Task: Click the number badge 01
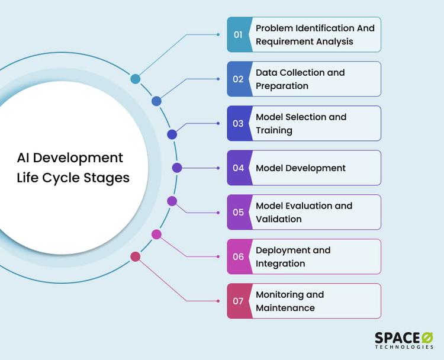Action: pyautogui.click(x=238, y=34)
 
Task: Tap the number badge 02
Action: pyautogui.click(x=238, y=79)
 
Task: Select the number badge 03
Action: pyautogui.click(x=238, y=123)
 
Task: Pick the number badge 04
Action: pyautogui.click(x=238, y=168)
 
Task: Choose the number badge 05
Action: pyautogui.click(x=238, y=212)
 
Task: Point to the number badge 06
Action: pyautogui.click(x=238, y=256)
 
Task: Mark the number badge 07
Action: pyautogui.click(x=238, y=301)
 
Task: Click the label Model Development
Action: pyautogui.click(x=301, y=168)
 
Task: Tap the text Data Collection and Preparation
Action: pyautogui.click(x=300, y=79)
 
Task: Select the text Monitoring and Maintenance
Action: pyautogui.click(x=290, y=301)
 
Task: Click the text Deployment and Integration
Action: pyautogui.click(x=293, y=256)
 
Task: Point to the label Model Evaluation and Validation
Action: pyautogui.click(x=304, y=212)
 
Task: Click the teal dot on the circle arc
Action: pyautogui.click(x=136, y=79)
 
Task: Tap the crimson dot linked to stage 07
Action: pyautogui.click(x=136, y=256)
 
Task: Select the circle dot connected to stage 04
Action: pyautogui.click(x=176, y=168)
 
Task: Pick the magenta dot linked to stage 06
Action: pyautogui.click(x=156, y=234)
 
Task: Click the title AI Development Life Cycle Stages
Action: pyautogui.click(x=73, y=168)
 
